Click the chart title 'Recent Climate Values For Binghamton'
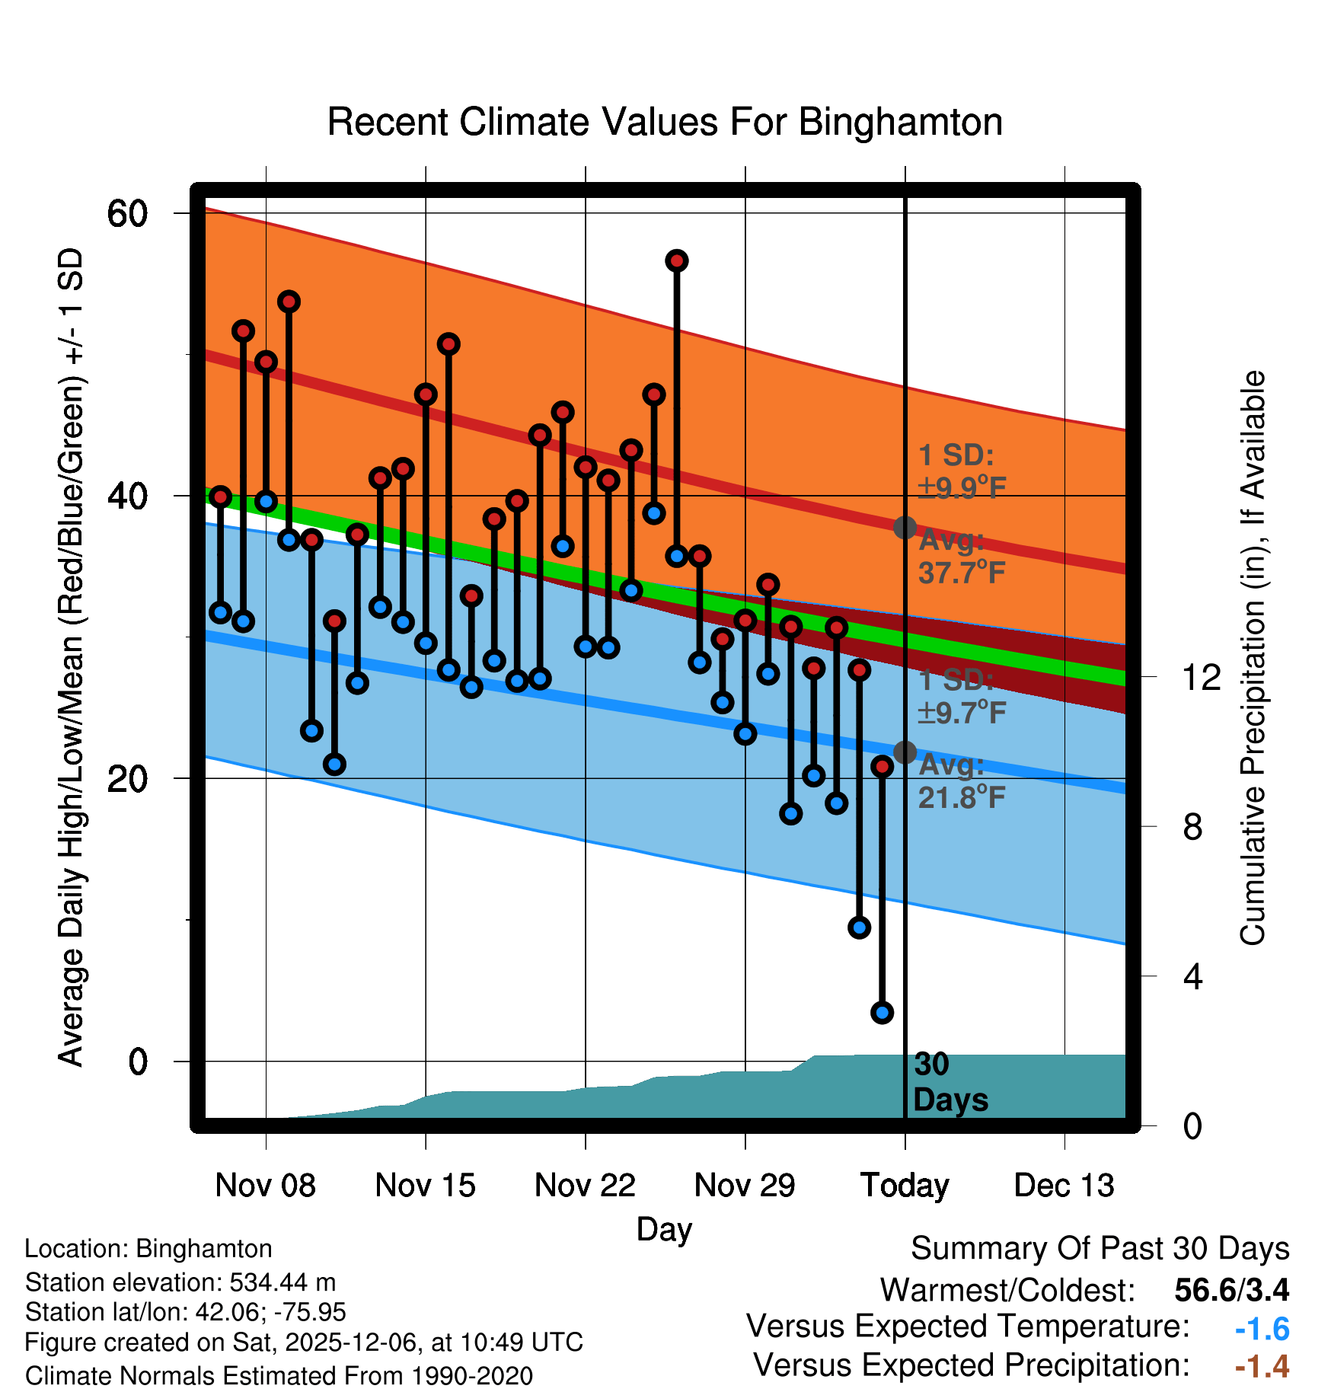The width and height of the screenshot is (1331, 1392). coord(664,122)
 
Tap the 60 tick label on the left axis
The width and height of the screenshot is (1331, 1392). coord(127,213)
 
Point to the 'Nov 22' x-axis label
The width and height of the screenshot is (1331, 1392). coord(585,1185)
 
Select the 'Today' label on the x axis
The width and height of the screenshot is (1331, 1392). coord(905,1185)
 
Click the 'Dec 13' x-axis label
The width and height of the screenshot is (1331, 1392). coord(1064,1185)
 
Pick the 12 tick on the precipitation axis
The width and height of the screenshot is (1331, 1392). coord(1202,677)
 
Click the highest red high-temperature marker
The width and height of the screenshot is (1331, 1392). coord(677,261)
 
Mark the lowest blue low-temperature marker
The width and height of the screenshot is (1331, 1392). coord(882,1013)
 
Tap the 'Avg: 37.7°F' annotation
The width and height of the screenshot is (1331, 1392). coord(961,557)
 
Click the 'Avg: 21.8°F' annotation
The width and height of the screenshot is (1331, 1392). coord(961,781)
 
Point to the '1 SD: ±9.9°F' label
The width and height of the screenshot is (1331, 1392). coord(961,471)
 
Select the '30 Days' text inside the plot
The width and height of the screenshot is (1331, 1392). coord(950,1082)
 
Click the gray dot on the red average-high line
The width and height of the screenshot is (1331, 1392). coord(905,527)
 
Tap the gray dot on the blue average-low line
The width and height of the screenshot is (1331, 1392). coord(905,752)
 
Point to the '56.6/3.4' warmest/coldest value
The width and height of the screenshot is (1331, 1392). coord(1231,1290)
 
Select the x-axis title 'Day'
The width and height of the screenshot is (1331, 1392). coord(664,1229)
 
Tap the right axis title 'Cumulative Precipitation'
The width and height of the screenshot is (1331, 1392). coord(1253,658)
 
